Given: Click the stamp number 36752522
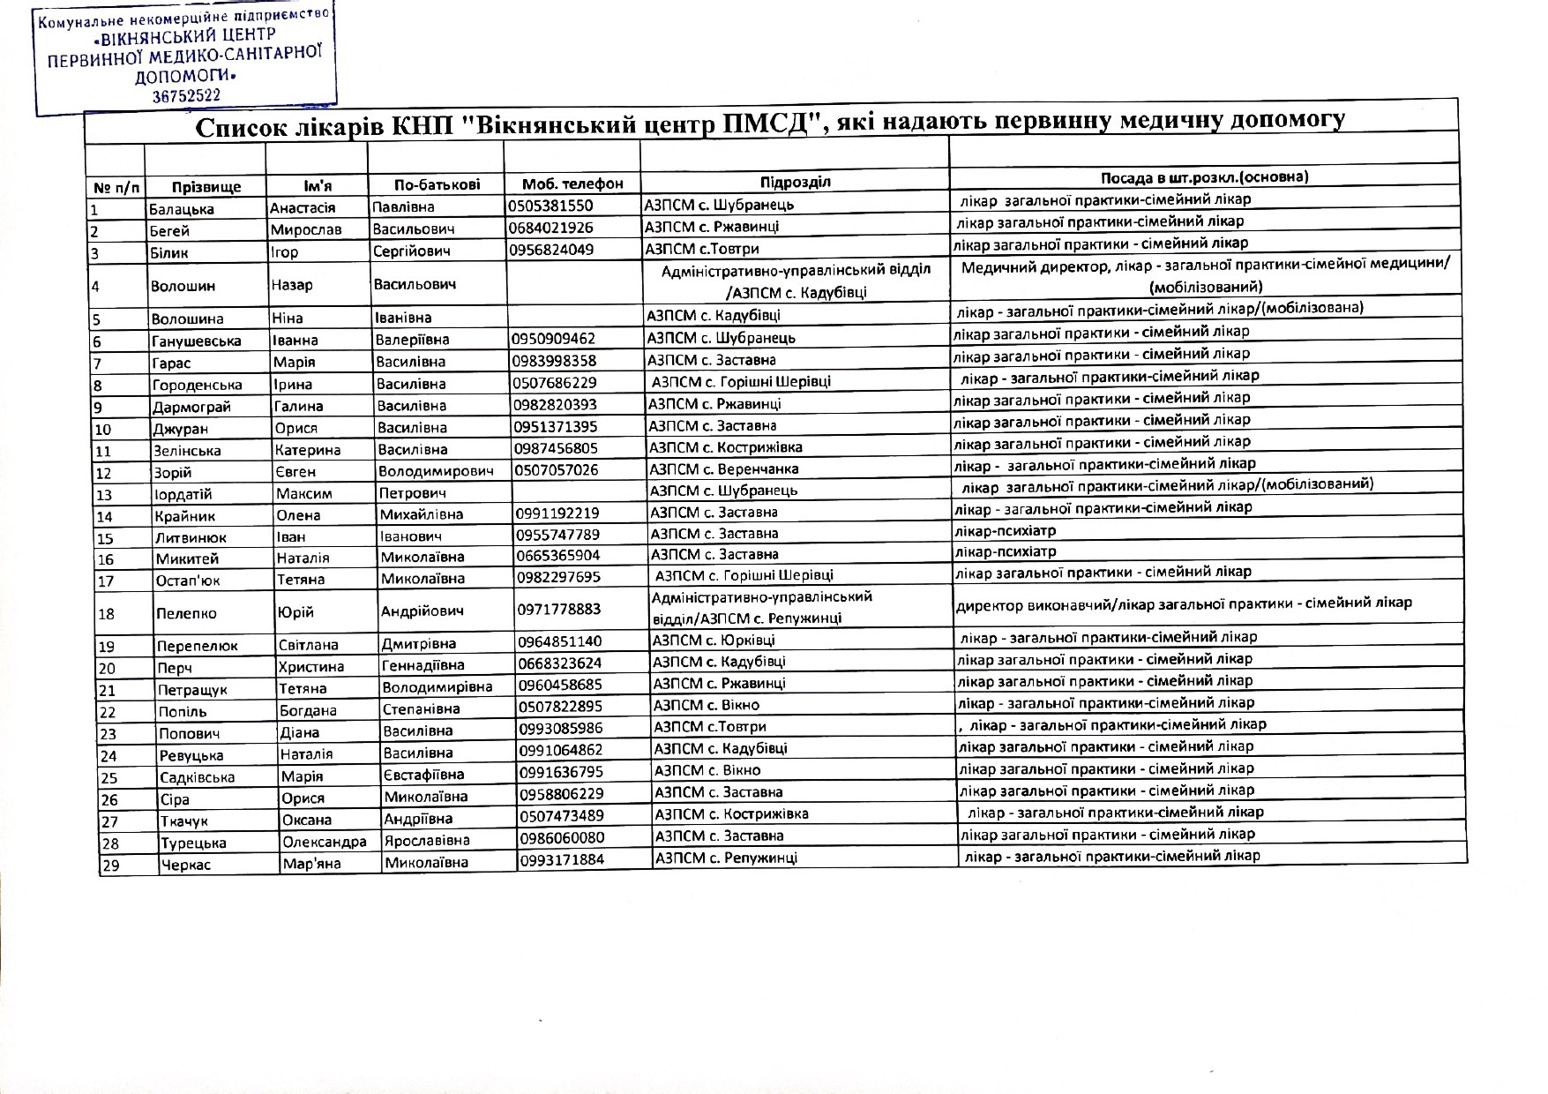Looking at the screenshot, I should pos(186,96).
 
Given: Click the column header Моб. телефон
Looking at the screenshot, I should pos(572,184).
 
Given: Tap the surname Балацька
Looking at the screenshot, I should pos(182,209).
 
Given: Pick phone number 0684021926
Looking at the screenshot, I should pos(551,228).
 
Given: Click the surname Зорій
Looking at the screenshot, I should pos(173,472).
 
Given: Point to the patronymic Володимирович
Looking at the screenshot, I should pos(436,470).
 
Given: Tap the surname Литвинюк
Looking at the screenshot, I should pos(191,537).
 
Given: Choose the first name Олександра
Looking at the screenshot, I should pos(324,842).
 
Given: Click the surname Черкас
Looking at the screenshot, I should pos(185,865).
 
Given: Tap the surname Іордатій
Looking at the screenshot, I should pos(183,494).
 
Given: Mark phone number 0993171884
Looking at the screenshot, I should pos(563,858).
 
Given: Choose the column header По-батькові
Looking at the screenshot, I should pos(437,185).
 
